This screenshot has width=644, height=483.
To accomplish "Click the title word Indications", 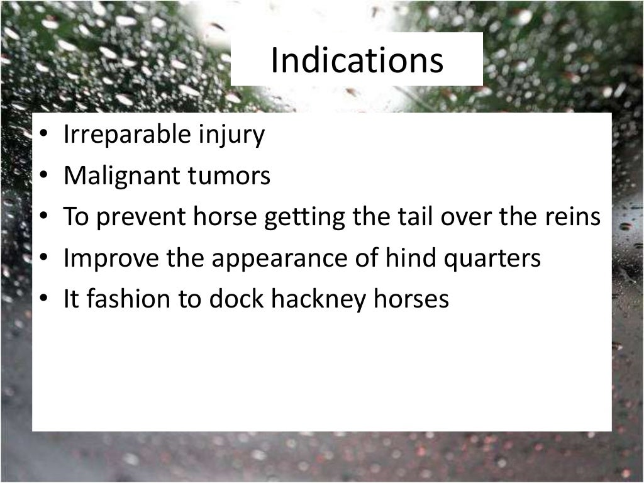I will point(357,60).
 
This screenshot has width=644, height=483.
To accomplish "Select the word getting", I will point(304,218).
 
